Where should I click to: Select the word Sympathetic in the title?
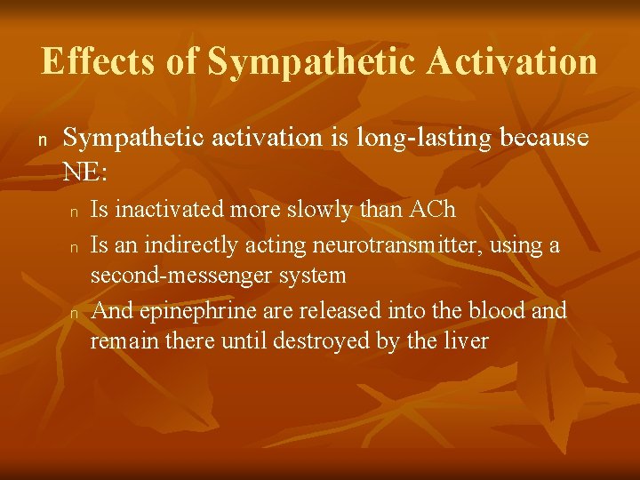[x=312, y=61]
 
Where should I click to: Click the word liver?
[x=466, y=340]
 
